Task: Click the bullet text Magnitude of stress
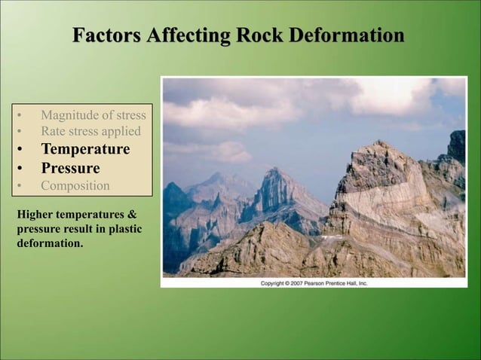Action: point(93,115)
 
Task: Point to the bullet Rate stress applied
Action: point(90,132)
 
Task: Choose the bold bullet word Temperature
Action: point(84,149)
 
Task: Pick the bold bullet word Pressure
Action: point(70,167)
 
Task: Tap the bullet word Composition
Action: point(75,185)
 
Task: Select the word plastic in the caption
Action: point(121,230)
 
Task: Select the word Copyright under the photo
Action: point(274,283)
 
